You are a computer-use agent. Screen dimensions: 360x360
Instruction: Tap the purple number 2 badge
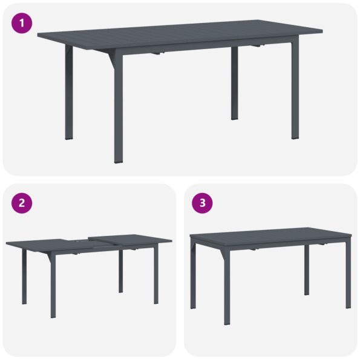22,203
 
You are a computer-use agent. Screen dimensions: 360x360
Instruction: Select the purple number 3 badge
202,203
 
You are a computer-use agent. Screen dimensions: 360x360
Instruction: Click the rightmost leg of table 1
294,91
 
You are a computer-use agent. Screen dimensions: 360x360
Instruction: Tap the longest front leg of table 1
118,109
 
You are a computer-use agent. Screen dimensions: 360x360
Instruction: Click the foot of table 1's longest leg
118,160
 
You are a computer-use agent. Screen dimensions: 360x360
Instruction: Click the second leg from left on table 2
53,284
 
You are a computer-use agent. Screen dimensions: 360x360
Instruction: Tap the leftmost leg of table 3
193,275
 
